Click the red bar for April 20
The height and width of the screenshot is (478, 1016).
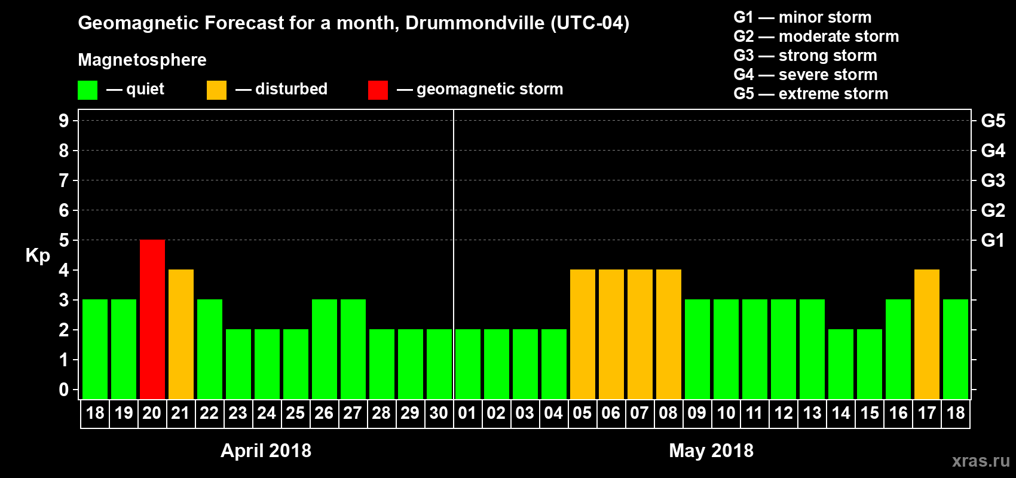click(x=152, y=319)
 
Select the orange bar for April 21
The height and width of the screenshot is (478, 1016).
click(x=181, y=334)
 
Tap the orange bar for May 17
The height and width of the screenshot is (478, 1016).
click(x=927, y=334)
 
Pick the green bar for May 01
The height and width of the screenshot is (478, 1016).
click(x=468, y=364)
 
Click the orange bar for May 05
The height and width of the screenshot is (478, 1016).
click(x=583, y=334)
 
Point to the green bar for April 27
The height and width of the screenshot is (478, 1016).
click(x=353, y=349)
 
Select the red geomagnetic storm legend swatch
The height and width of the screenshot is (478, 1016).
click(x=378, y=90)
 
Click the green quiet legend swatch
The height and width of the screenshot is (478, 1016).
click(x=88, y=90)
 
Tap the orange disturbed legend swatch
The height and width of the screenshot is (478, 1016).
click(x=216, y=90)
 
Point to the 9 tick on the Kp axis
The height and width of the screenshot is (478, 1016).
click(x=64, y=121)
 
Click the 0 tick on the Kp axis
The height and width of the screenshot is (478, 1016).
click(x=64, y=390)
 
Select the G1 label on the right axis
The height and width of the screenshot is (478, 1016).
click(x=993, y=240)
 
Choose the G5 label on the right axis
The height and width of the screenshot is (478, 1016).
click(x=993, y=121)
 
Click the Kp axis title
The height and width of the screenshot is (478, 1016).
click(x=38, y=256)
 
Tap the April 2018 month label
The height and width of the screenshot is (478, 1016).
click(x=266, y=451)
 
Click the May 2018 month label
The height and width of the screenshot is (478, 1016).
click(x=711, y=451)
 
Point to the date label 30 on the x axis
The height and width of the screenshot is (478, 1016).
click(x=439, y=413)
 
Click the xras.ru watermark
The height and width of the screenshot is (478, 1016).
click(x=981, y=461)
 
